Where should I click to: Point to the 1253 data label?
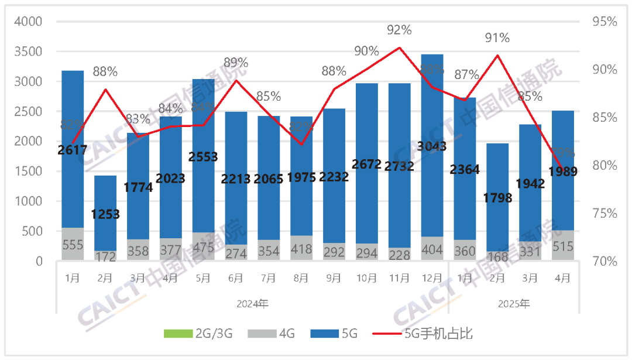[x=105, y=214]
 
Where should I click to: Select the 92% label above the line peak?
[x=399, y=29]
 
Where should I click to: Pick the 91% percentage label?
[x=497, y=38]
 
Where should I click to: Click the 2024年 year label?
[x=253, y=304]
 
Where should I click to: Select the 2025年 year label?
[x=514, y=304]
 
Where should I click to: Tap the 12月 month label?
[x=432, y=279]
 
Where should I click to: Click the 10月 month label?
[x=366, y=279]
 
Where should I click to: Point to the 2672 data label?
[x=366, y=164]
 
